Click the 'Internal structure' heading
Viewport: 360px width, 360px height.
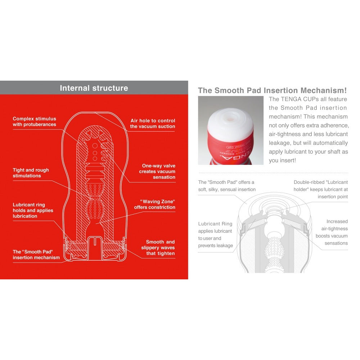pos(94,88)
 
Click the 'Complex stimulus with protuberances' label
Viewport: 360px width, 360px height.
pos(35,121)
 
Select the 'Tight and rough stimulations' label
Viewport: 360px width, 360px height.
pos(31,173)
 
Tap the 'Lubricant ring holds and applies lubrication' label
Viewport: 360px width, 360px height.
pos(33,210)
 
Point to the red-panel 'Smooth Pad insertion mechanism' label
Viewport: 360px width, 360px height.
pos(36,255)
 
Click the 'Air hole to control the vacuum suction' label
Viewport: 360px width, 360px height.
pos(153,123)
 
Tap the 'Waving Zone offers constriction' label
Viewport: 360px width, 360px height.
pos(155,204)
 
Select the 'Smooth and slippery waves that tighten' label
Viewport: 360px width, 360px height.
pos(158,248)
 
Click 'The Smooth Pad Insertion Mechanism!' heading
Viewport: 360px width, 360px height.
pos(273,90)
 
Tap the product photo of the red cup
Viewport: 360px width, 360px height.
pos(230,130)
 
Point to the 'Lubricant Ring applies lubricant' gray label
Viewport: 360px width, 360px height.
pos(215,231)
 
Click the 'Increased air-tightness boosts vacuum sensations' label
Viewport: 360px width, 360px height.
pos(332,232)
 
